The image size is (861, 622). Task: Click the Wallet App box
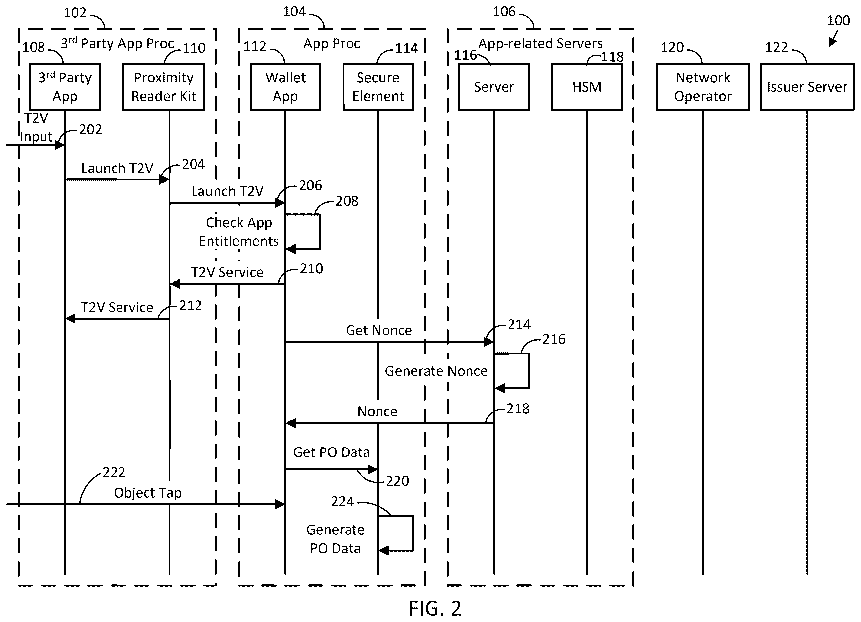[285, 87]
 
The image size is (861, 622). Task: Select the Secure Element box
[378, 87]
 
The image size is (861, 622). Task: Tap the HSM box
[587, 87]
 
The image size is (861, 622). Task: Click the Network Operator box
[703, 87]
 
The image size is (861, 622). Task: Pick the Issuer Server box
[807, 87]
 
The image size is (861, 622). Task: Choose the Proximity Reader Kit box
[164, 87]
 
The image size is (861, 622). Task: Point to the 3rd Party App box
[65, 87]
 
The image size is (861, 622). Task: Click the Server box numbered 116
[494, 87]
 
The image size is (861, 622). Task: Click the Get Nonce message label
[378, 330]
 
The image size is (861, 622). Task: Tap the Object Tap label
[148, 493]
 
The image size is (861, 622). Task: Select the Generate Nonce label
[436, 371]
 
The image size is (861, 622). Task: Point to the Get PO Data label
[331, 452]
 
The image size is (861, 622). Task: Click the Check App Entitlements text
[239, 232]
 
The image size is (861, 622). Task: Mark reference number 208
[347, 201]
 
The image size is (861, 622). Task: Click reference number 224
[342, 502]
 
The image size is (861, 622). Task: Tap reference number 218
[518, 409]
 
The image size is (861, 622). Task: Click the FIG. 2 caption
[435, 609]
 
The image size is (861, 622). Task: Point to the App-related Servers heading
[540, 44]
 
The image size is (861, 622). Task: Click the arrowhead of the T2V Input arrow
[61, 145]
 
